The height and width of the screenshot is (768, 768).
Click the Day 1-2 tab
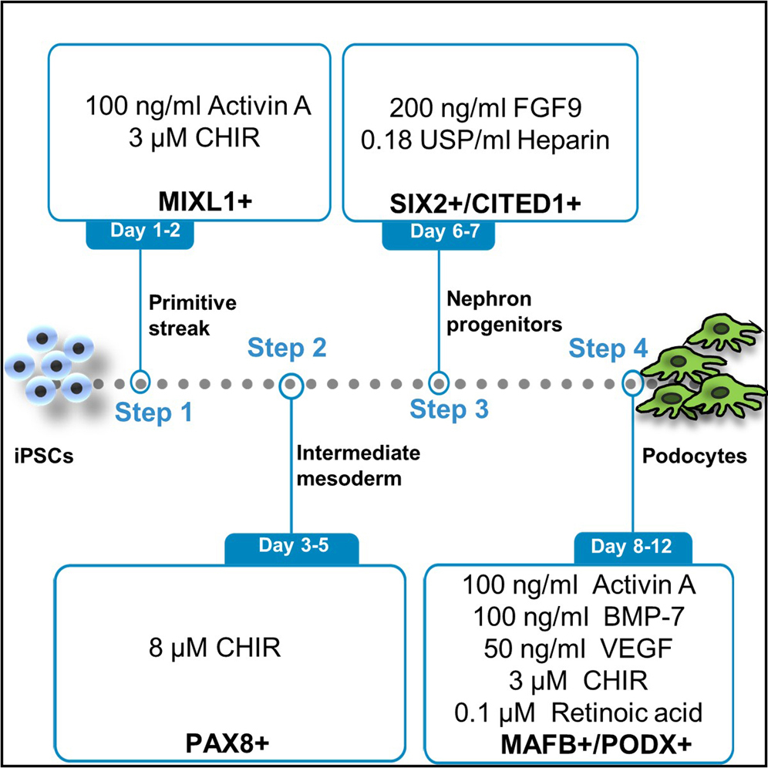click(x=140, y=234)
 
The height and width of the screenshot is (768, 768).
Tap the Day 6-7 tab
click(x=438, y=234)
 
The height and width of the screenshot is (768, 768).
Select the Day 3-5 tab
click(x=291, y=548)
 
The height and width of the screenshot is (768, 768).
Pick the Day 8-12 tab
click(x=632, y=548)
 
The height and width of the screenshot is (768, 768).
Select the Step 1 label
click(x=153, y=414)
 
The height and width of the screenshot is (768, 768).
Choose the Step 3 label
click(x=450, y=409)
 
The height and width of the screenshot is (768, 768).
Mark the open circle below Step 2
click(x=291, y=382)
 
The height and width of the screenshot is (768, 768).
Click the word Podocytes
click(x=694, y=456)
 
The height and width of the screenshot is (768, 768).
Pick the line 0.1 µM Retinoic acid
click(x=578, y=712)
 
